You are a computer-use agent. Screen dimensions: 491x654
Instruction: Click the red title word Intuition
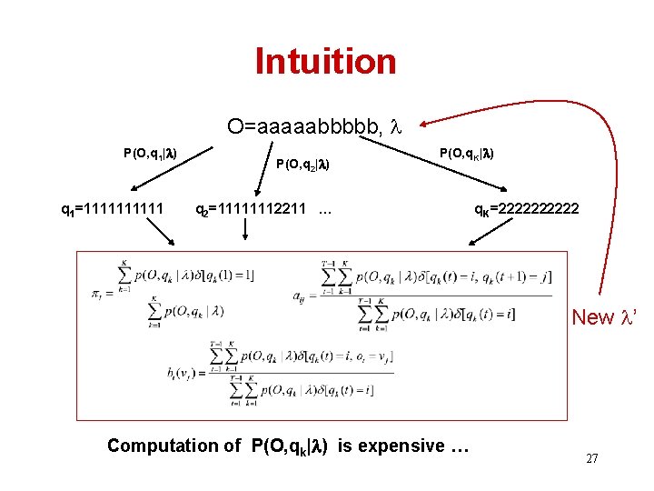click(x=325, y=61)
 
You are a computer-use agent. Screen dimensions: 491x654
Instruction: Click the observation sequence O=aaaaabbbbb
click(x=305, y=126)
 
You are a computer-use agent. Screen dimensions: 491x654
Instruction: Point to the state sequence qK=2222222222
click(x=526, y=211)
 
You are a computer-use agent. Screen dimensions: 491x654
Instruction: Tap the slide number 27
click(x=591, y=459)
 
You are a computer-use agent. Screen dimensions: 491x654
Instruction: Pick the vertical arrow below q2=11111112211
click(x=246, y=233)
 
